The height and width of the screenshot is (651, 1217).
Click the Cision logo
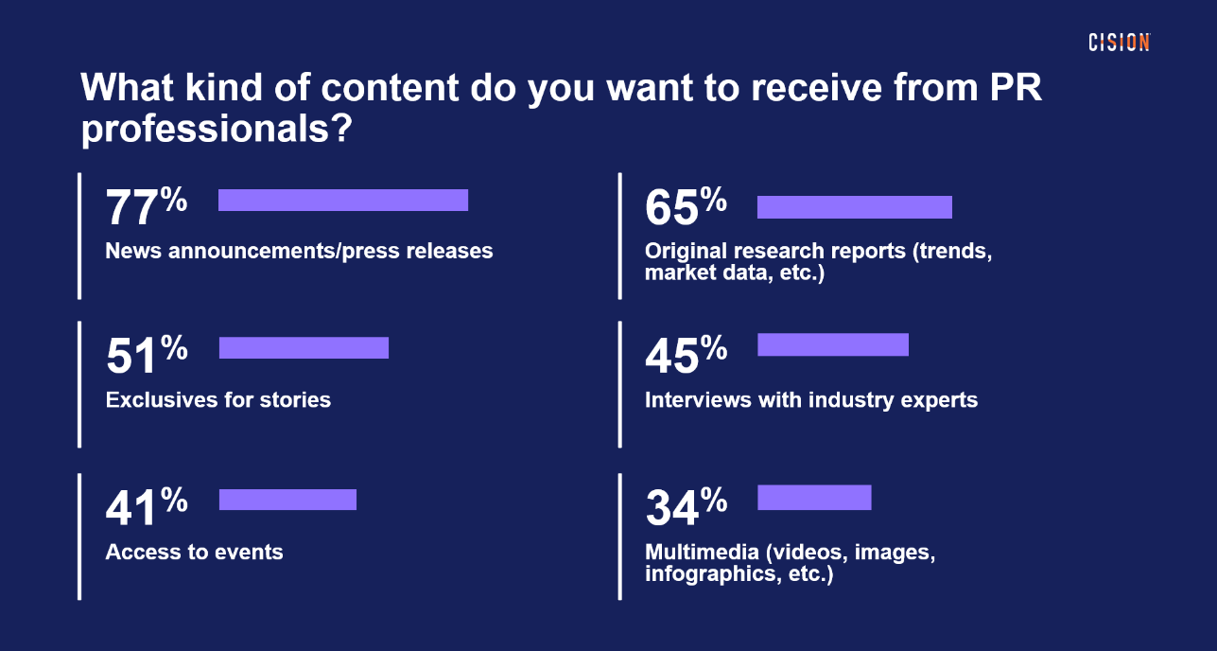point(1119,42)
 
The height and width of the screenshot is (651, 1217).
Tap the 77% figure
point(146,207)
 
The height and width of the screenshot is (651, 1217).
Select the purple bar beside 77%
point(343,200)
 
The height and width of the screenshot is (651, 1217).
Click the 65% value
point(686,207)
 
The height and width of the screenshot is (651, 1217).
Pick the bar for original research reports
point(855,207)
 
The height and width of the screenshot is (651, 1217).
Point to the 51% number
point(146,356)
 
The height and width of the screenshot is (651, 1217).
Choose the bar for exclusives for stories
point(304,347)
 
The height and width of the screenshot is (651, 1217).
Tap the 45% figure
point(686,356)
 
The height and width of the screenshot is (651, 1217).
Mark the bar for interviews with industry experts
point(833,344)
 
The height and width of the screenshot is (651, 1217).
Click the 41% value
point(146,507)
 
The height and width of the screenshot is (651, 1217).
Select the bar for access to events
point(287,500)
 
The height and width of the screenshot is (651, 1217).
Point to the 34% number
point(686,507)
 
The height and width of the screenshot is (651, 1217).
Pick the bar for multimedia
point(814,497)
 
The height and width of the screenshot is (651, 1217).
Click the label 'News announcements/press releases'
point(299,251)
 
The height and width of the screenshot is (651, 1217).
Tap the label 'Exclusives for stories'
point(218,399)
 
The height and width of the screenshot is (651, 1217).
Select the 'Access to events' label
point(194,552)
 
